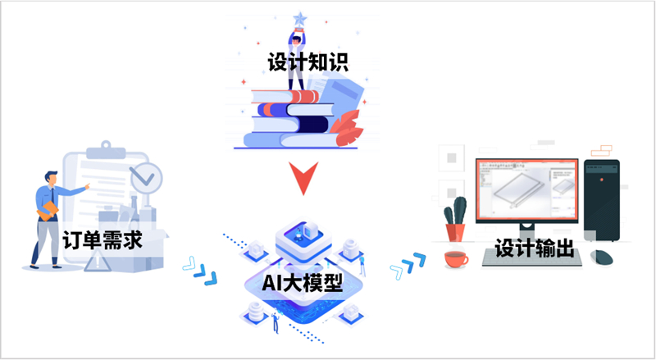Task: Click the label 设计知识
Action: coord(308,63)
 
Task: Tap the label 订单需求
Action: coord(102,239)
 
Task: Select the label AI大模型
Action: coord(303,284)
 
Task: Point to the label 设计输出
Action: coord(535,248)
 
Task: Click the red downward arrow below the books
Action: coord(303,178)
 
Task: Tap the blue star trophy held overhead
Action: coord(299,21)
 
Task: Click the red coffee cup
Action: coord(456,259)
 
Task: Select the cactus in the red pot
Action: coord(455,219)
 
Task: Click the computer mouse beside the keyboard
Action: coord(602,257)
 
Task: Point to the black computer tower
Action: coord(602,200)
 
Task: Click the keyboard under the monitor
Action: coord(531,258)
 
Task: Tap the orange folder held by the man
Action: coord(48,211)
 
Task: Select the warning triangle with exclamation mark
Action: coord(98,262)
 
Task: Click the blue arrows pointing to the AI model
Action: coord(200,271)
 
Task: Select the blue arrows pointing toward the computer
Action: coord(408,266)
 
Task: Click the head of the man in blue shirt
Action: coord(51,178)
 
